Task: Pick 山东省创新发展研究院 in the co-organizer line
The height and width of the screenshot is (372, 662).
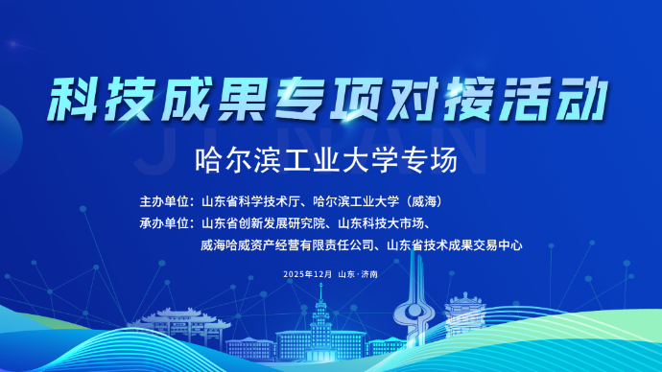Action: click(x=258, y=224)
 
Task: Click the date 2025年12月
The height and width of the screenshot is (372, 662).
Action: click(x=308, y=274)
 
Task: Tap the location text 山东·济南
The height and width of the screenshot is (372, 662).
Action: click(x=358, y=274)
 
